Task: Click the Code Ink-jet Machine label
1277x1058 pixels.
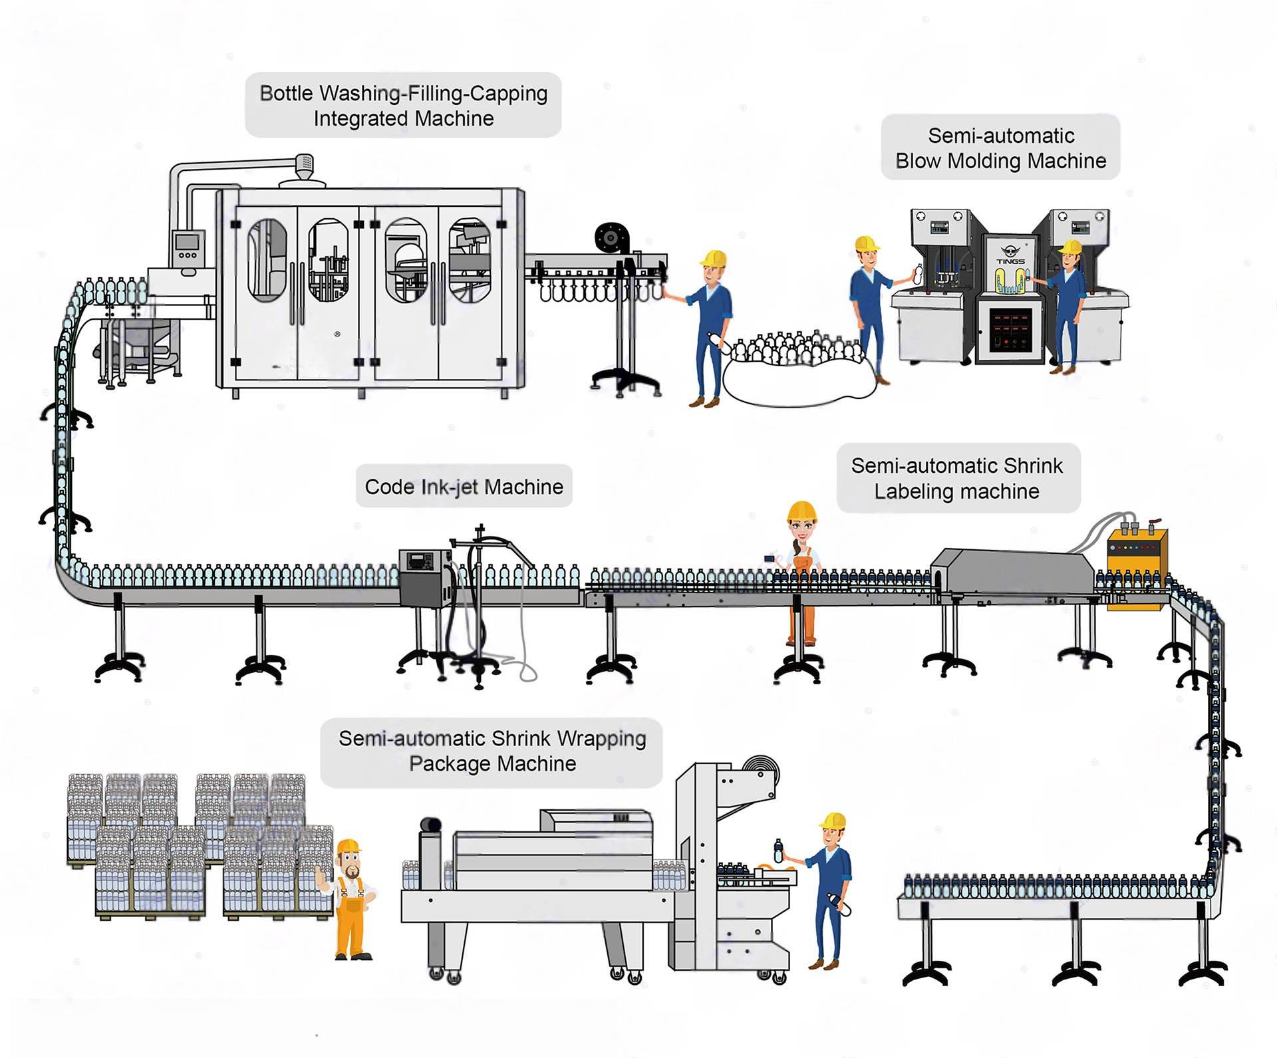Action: point(464,486)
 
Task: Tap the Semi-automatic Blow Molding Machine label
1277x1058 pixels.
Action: point(1000,148)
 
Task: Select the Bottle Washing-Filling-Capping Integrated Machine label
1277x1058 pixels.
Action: point(403,105)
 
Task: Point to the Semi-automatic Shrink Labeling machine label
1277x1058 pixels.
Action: point(957,478)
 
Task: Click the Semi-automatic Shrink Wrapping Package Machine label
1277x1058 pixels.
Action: point(492,751)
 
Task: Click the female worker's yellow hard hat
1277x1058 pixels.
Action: point(801,511)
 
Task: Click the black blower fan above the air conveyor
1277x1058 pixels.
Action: point(611,237)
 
